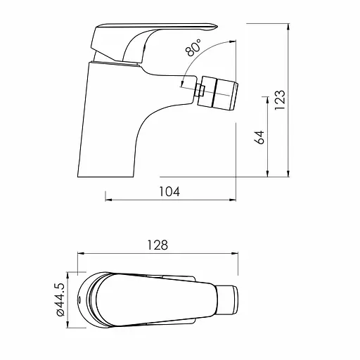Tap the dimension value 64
[x=259, y=136]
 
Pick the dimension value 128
[x=159, y=245]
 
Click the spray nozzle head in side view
[x=221, y=92]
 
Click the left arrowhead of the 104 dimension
[x=108, y=199]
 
